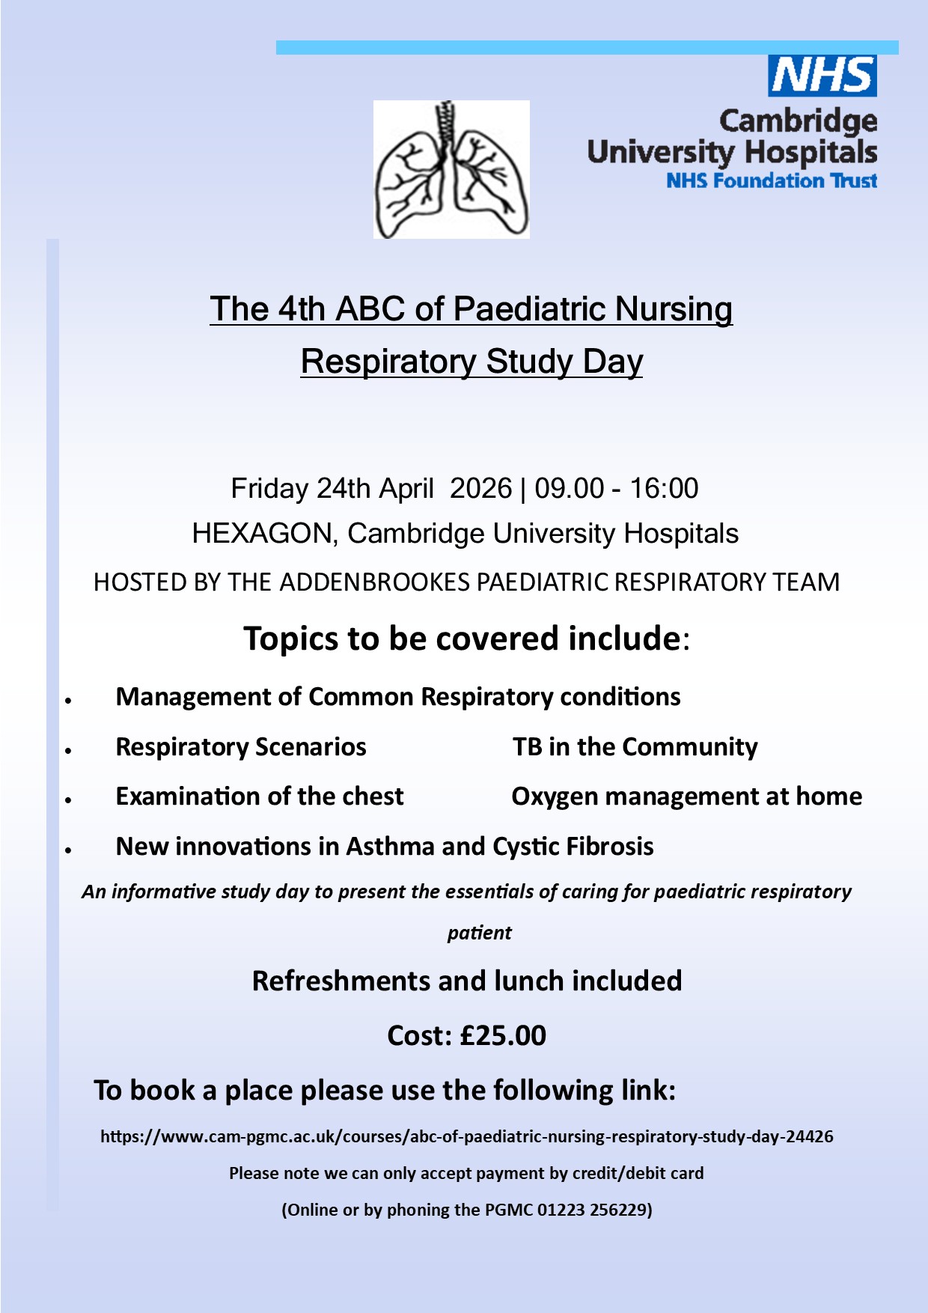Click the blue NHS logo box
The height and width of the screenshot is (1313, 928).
822,76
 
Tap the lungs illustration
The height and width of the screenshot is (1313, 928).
451,170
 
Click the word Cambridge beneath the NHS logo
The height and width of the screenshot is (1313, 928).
798,121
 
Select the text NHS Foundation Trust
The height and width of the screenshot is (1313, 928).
771,181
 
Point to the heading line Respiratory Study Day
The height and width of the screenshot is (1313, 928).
471,362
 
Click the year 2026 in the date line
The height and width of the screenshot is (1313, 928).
480,488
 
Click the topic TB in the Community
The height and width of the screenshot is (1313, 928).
635,747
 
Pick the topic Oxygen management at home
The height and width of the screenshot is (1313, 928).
686,796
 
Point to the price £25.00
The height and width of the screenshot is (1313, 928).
503,1036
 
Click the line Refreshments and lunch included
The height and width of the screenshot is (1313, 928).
467,981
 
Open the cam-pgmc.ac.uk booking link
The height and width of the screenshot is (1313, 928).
467,1136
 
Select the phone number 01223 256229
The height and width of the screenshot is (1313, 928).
592,1210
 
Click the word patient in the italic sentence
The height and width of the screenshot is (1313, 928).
479,933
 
